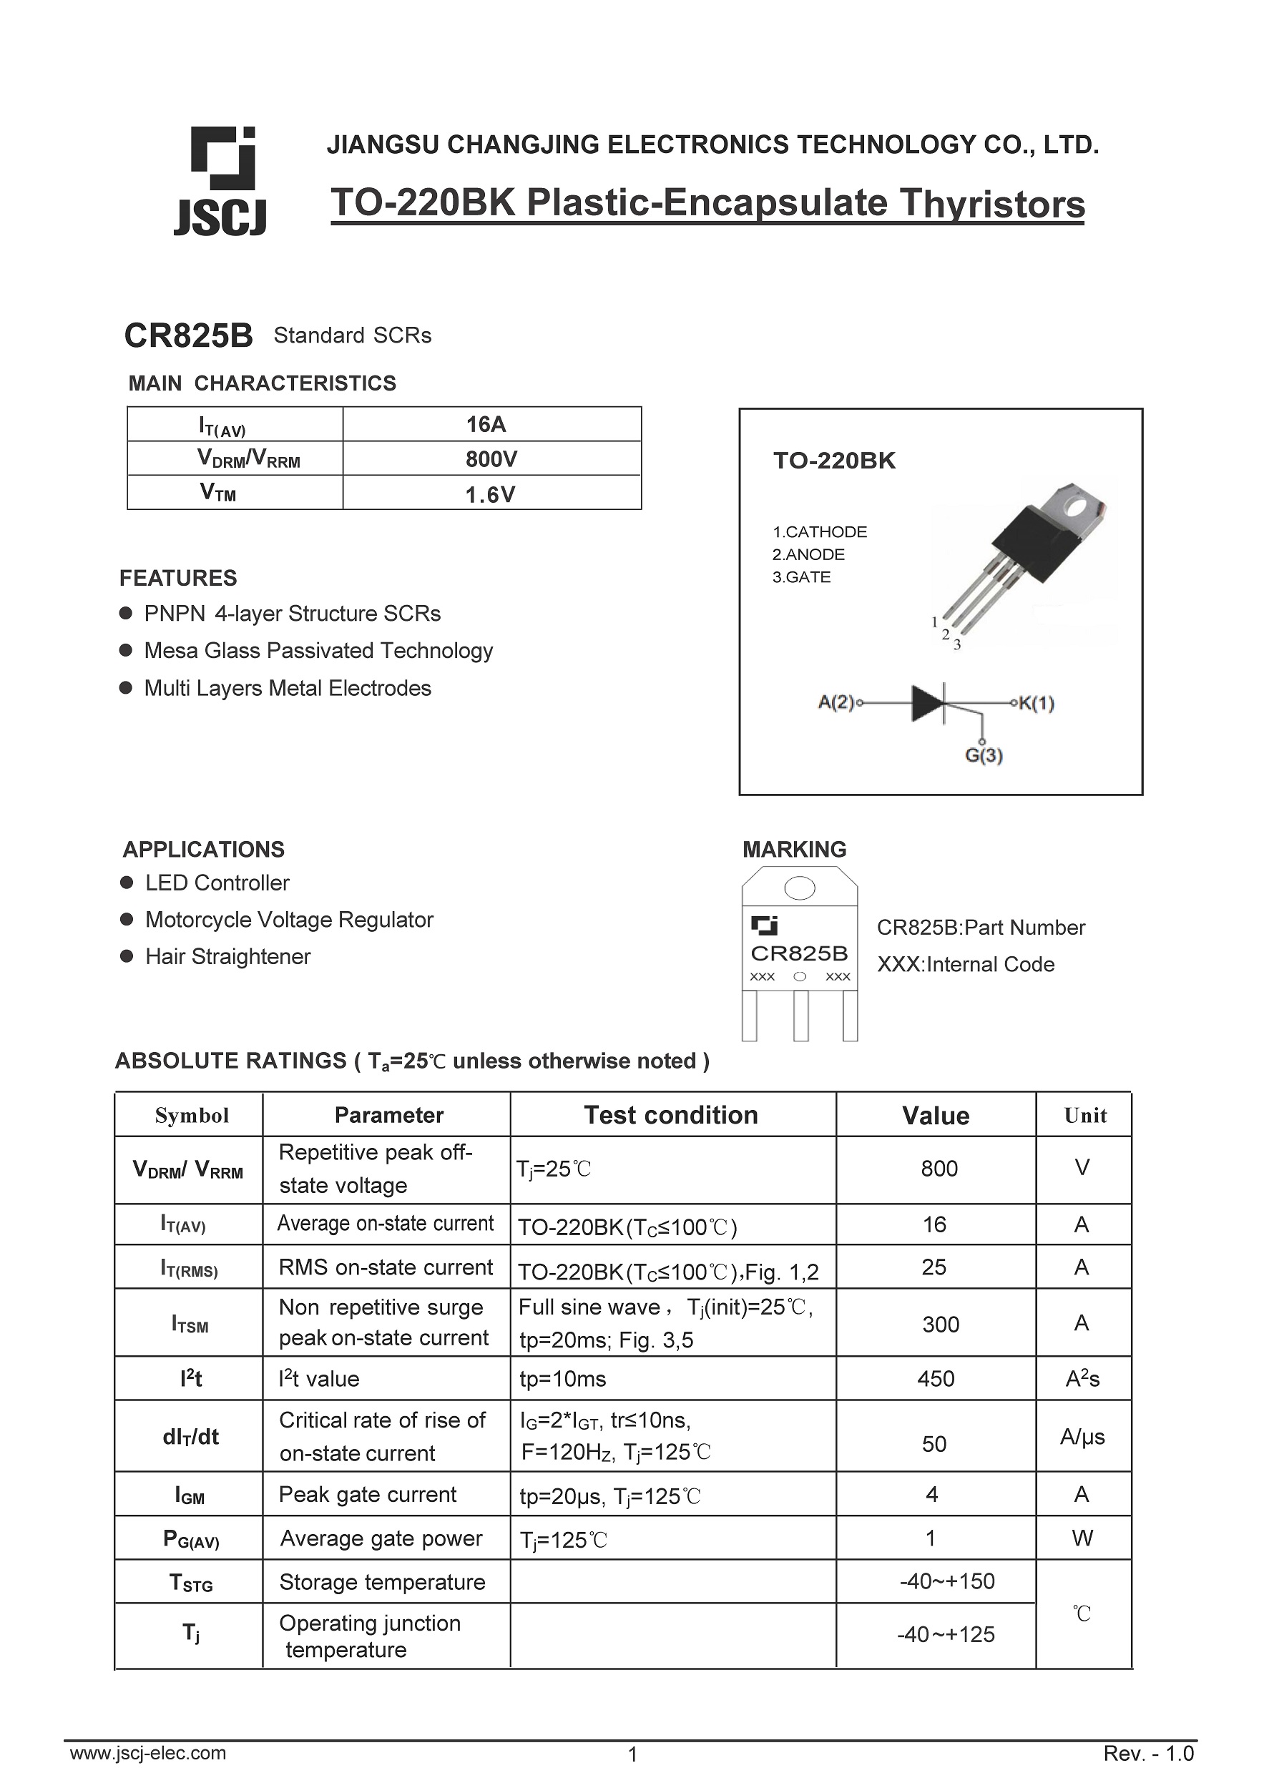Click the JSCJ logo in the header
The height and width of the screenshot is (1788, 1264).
tap(220, 181)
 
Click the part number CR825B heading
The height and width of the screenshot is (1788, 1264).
tap(188, 335)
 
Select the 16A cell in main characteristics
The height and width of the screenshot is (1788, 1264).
tap(486, 424)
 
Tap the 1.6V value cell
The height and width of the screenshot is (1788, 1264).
tap(490, 494)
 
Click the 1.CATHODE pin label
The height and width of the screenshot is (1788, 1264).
tap(819, 532)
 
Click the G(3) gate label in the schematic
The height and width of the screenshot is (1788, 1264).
tap(984, 755)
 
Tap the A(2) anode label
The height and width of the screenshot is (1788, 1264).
tap(836, 702)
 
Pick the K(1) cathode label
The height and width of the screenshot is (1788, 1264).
tap(1037, 703)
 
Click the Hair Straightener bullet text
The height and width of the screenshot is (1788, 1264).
tap(227, 956)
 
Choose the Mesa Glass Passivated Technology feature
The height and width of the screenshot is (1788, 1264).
tap(318, 650)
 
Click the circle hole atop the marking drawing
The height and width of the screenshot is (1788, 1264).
tap(799, 888)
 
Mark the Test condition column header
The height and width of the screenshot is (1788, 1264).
tap(670, 1115)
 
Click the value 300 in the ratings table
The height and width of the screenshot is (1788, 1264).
tap(940, 1324)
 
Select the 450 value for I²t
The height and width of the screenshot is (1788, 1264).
tap(936, 1379)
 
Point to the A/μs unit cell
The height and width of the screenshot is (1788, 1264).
tap(1082, 1436)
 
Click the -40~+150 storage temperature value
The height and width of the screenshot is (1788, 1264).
tap(946, 1581)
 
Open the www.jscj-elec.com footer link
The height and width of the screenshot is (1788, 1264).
tap(148, 1753)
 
